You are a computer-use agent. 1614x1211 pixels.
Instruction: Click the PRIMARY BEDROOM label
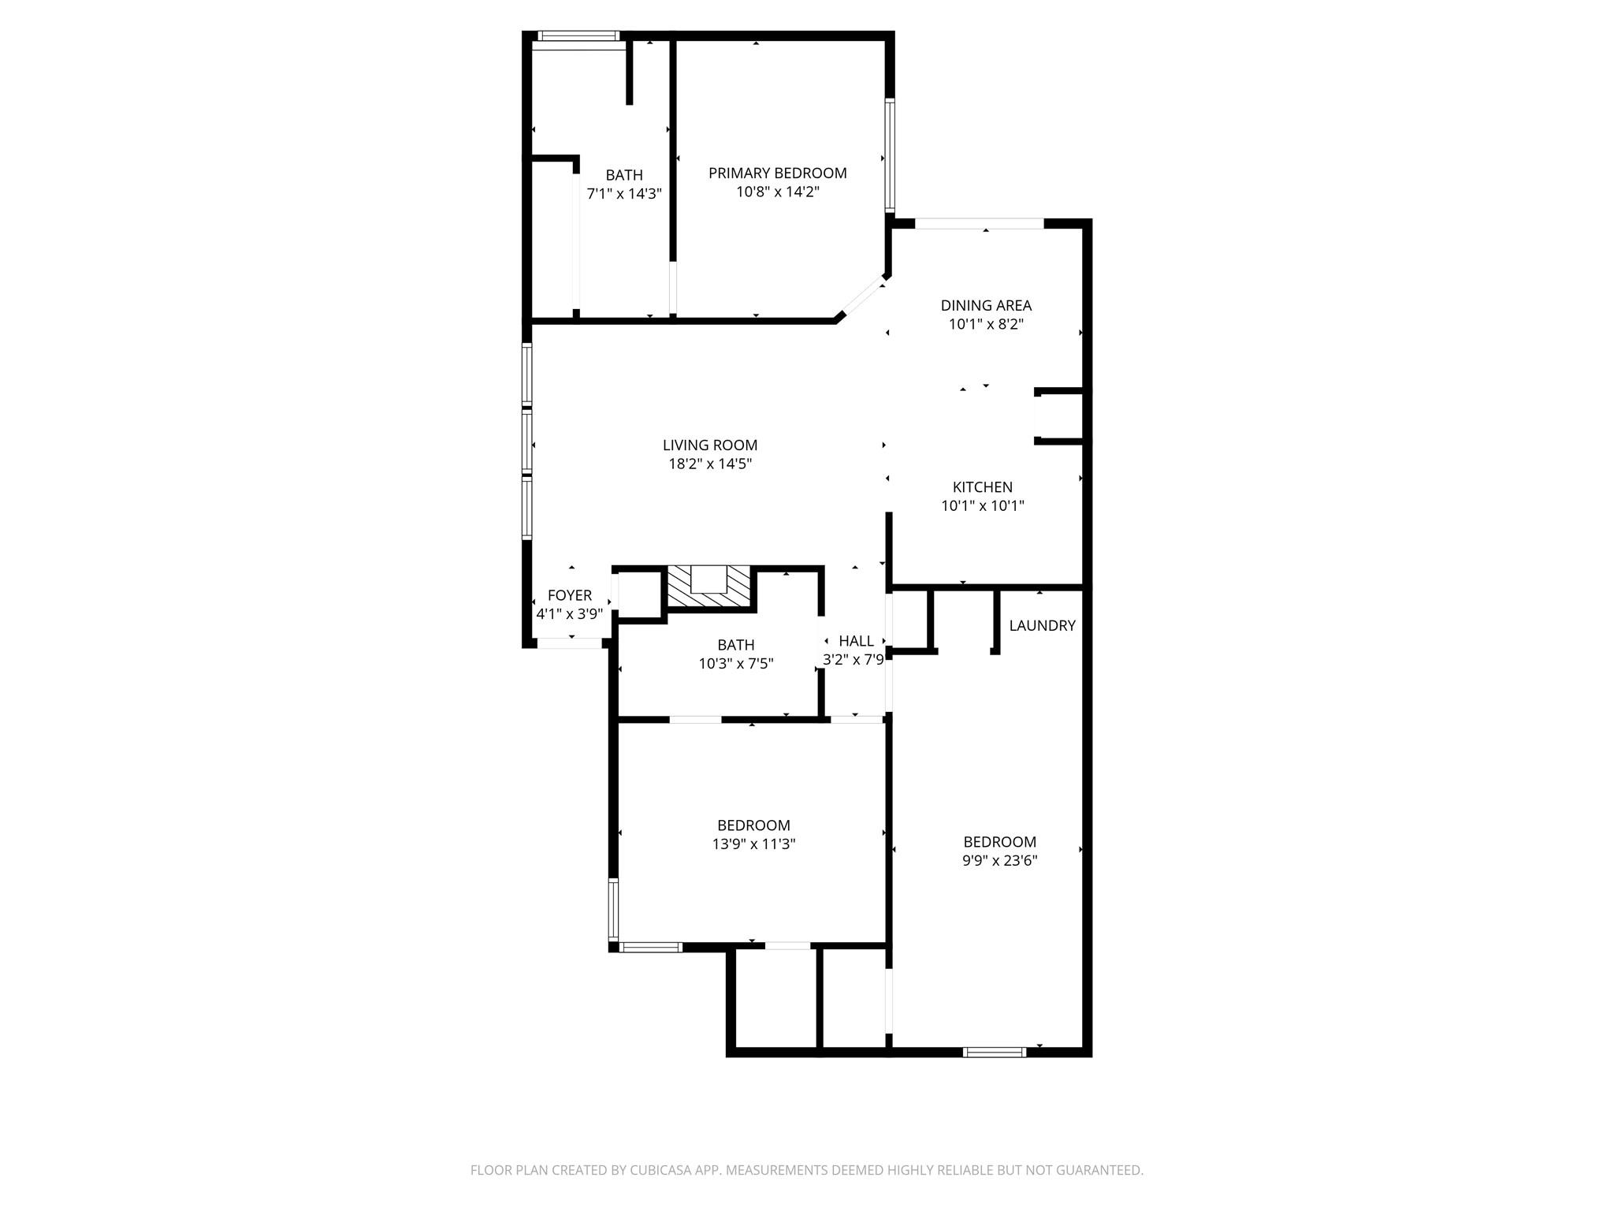pos(777,173)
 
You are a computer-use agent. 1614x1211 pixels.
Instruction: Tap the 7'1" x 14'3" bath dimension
pos(623,193)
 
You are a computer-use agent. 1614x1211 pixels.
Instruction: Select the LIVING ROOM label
pos(709,445)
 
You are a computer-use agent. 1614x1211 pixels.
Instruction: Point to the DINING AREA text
pos(985,305)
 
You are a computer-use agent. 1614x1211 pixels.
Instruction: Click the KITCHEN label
pos(982,487)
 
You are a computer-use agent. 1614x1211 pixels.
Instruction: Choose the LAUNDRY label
pos(1042,625)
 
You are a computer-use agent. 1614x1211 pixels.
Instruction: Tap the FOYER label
pos(569,595)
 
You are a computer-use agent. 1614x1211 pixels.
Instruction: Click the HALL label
pos(856,641)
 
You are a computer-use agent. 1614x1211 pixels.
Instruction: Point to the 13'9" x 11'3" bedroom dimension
pos(753,844)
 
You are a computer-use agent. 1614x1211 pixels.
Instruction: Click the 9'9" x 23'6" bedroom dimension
pos(999,861)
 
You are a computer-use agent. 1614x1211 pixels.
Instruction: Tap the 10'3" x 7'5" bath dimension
pos(735,664)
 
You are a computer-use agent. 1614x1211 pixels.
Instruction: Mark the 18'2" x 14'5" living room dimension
pos(709,464)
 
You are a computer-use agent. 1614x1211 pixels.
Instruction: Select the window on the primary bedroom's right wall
pos(890,155)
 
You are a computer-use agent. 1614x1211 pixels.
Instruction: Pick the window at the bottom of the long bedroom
pos(995,1051)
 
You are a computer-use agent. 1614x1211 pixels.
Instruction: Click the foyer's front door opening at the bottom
pos(569,643)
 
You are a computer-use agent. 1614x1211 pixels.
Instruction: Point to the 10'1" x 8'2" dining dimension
pos(985,324)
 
